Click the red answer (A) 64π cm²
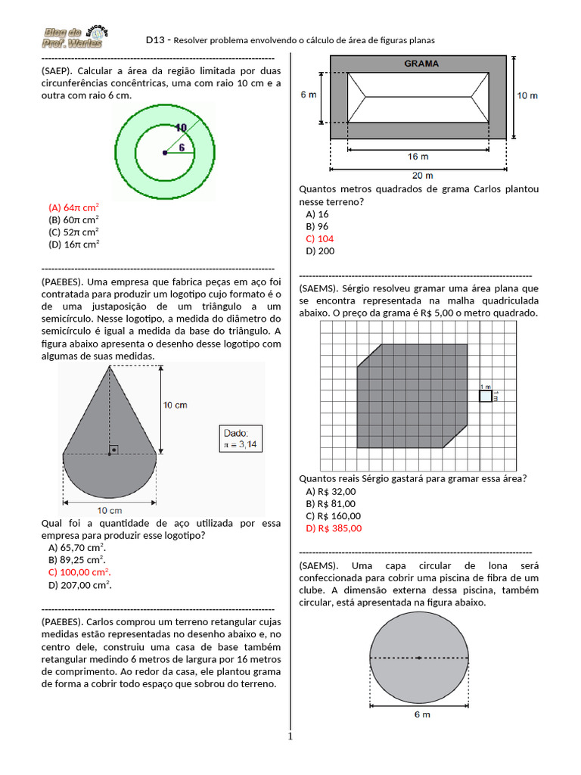coord(74,207)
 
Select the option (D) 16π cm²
coord(74,244)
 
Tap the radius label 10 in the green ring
coord(181,127)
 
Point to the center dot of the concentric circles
coord(165,153)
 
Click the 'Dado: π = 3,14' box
coord(239,438)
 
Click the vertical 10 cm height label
coord(175,405)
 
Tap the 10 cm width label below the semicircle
coord(110,510)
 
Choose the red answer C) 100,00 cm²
coord(79,571)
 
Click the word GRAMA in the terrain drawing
coord(421,64)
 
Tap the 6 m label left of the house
coord(309,95)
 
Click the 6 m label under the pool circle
coord(421,714)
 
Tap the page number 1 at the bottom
coord(290,736)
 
